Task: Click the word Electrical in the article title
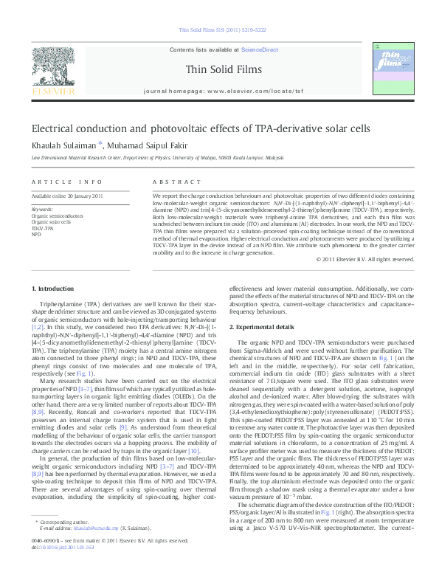pos(58,128)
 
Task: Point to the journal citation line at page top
pos(219,31)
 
